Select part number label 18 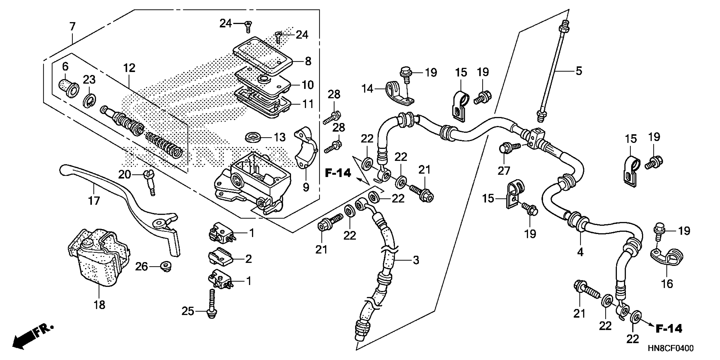point(99,305)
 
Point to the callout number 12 point(129,68)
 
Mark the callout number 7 point(72,26)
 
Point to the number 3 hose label point(416,260)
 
